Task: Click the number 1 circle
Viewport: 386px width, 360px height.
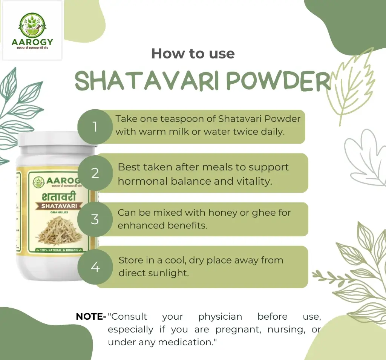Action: coord(95,127)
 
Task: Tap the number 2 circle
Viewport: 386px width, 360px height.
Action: coord(95,173)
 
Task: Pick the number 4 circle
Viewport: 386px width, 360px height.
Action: coord(95,267)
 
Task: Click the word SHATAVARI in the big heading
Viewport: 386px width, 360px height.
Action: coord(146,80)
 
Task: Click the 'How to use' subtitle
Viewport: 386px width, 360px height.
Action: coord(193,54)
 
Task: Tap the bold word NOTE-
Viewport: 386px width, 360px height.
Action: coord(91,317)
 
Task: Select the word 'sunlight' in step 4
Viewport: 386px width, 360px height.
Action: coord(168,273)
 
